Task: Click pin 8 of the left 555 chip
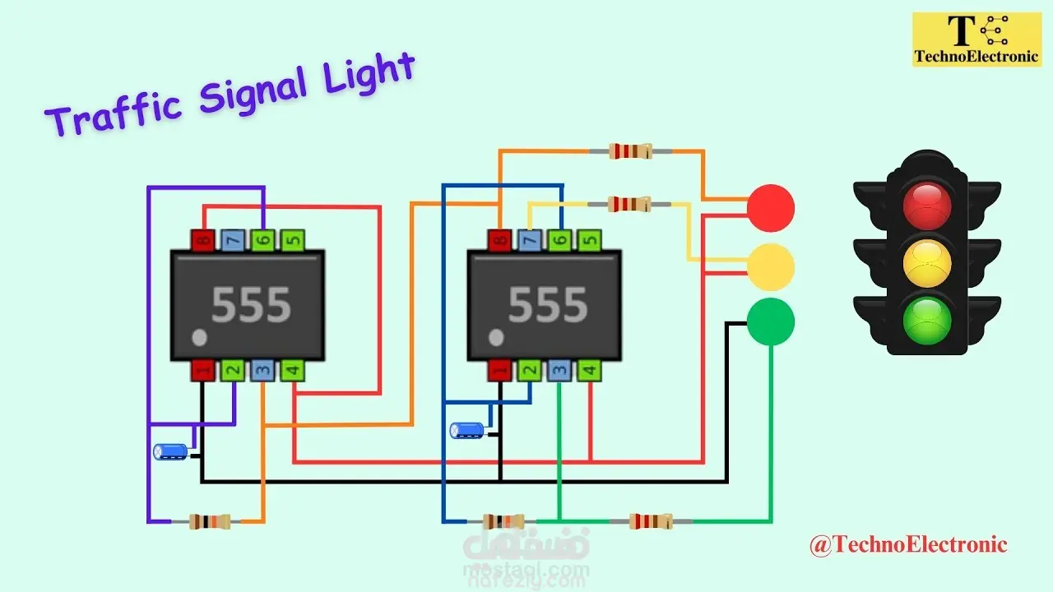(202, 241)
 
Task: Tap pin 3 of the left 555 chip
(262, 371)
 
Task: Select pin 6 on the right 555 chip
(559, 241)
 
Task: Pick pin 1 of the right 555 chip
(499, 371)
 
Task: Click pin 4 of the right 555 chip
(589, 371)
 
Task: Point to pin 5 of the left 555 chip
(292, 241)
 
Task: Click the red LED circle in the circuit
(771, 208)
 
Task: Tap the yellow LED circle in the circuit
(771, 266)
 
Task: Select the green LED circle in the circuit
(771, 321)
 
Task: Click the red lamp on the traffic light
(927, 205)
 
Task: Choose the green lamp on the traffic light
(927, 320)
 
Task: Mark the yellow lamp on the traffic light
(927, 262)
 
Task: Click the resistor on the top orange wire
(630, 150)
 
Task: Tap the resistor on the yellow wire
(629, 204)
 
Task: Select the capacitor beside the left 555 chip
(171, 451)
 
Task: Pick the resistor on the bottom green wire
(650, 521)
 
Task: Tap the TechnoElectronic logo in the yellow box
(976, 39)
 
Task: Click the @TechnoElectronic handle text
(908, 544)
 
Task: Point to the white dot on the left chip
(198, 338)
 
